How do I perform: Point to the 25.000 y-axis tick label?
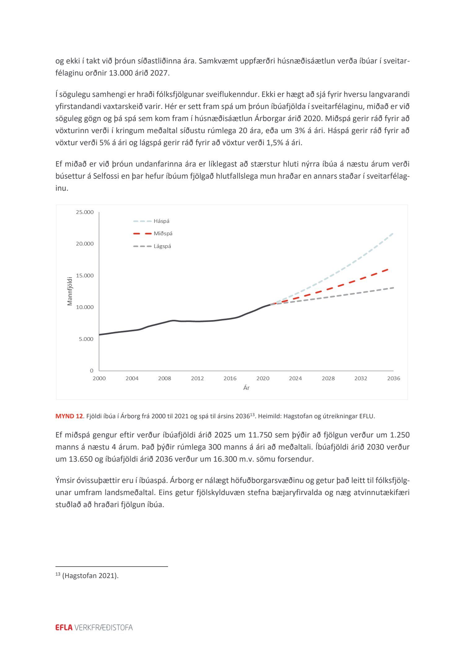[x=84, y=212]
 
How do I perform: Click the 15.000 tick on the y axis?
[x=84, y=276]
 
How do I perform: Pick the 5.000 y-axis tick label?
[x=86, y=339]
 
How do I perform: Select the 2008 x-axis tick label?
[x=164, y=378]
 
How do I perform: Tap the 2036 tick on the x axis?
[x=393, y=378]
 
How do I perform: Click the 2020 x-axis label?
[x=263, y=378]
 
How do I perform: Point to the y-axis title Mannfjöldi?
[x=70, y=291]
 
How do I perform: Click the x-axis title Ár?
[x=246, y=388]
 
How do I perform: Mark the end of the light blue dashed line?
[x=392, y=233]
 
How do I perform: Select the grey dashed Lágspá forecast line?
[x=341, y=295]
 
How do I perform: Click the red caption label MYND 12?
[x=69, y=416]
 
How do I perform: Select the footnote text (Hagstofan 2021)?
[x=90, y=576]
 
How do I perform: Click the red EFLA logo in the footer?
[x=64, y=627]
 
